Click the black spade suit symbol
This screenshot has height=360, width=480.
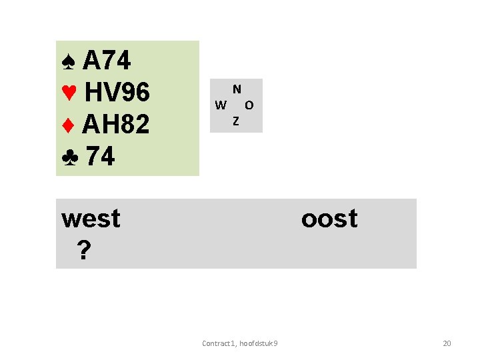[x=68, y=63]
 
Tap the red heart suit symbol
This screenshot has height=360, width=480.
[x=69, y=94]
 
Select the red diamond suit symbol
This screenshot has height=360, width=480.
[x=67, y=126]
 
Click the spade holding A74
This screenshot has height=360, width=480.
[x=107, y=62]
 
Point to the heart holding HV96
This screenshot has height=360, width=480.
[x=117, y=94]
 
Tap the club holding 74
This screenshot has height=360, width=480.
[x=101, y=157]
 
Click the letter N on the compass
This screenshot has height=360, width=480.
[x=237, y=89]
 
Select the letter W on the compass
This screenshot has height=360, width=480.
[x=221, y=105]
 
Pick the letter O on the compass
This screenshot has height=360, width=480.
[x=249, y=105]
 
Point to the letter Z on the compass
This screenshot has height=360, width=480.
[x=236, y=121]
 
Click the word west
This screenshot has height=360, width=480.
[x=91, y=219]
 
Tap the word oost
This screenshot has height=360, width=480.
[x=329, y=219]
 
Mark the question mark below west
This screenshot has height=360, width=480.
[x=83, y=250]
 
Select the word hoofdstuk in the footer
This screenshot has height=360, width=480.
[x=256, y=343]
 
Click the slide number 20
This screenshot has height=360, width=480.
[x=447, y=343]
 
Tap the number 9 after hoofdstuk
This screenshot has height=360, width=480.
[x=276, y=343]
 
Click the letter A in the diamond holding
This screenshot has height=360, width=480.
[x=91, y=125]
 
